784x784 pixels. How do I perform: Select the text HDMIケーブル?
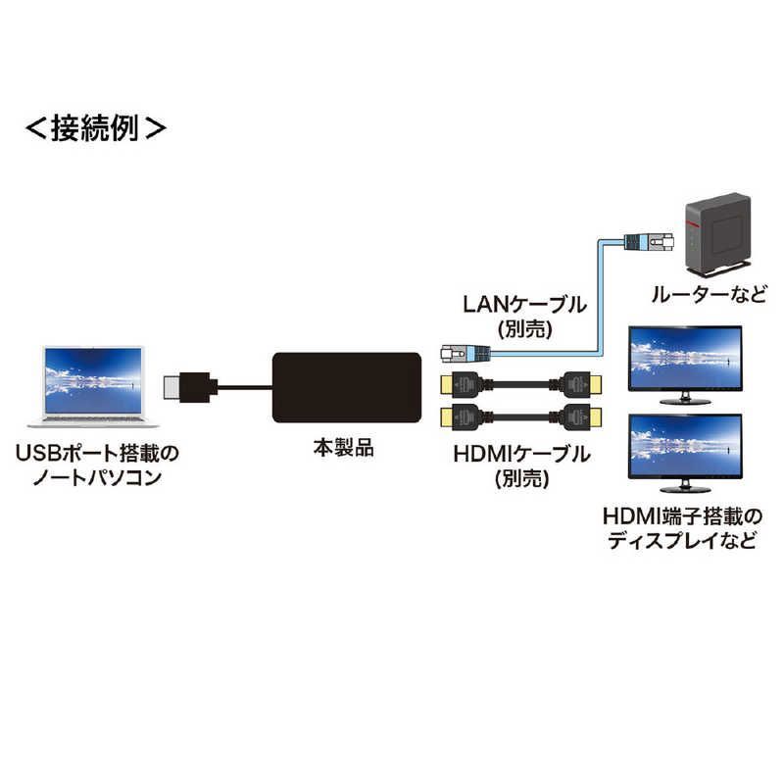tap(521, 454)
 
